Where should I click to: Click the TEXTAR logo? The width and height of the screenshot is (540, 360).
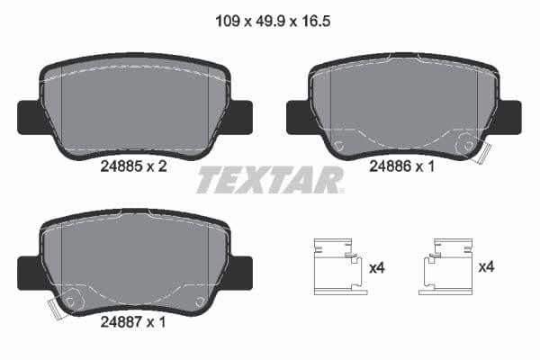point(270,180)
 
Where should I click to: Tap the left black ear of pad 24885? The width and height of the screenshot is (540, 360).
point(28,115)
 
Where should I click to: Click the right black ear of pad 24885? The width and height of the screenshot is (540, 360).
point(241,115)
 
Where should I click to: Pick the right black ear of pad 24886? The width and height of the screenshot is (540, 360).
point(510,115)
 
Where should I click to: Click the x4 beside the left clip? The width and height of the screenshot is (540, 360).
point(378,267)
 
